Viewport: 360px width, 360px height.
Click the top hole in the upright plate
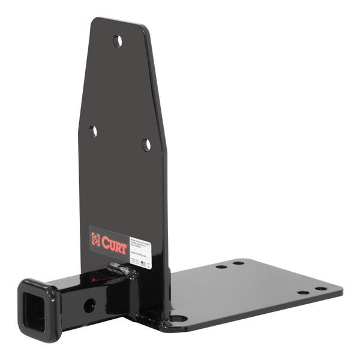click(x=118, y=41)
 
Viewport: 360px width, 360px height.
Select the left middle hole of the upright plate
click(x=93, y=131)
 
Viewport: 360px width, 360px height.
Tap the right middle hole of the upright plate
click(x=146, y=145)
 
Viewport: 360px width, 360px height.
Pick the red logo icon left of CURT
click(x=96, y=238)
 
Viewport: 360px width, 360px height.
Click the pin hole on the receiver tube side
click(x=89, y=305)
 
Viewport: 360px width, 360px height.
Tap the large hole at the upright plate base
click(x=179, y=319)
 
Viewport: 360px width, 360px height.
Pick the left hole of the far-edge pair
click(x=221, y=266)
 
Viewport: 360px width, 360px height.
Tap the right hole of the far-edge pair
click(x=238, y=263)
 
